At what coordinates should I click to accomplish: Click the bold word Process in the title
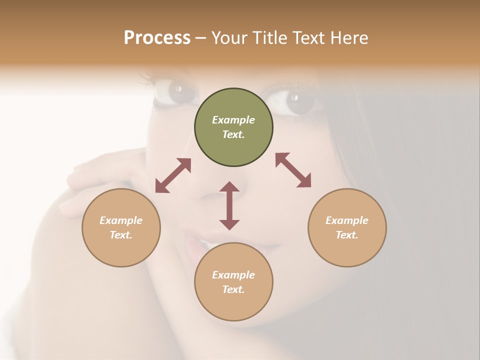click(x=157, y=37)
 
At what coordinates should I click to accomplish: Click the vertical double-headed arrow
click(x=229, y=205)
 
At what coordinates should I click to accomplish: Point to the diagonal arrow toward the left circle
click(x=173, y=175)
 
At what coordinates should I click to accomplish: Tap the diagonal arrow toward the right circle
click(x=293, y=170)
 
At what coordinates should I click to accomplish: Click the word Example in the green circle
click(x=233, y=120)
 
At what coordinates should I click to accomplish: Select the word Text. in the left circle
click(x=121, y=235)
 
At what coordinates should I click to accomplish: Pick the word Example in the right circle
click(x=347, y=220)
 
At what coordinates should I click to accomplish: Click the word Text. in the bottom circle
click(x=233, y=289)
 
